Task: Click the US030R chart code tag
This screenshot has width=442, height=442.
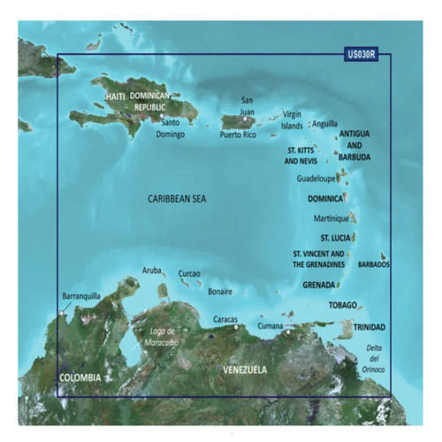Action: pyautogui.click(x=362, y=54)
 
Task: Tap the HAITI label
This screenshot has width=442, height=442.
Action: pyautogui.click(x=115, y=95)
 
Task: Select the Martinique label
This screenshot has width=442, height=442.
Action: pyautogui.click(x=331, y=218)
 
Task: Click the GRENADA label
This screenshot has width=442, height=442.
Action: pyautogui.click(x=319, y=286)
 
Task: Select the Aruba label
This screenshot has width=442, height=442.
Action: pyautogui.click(x=151, y=271)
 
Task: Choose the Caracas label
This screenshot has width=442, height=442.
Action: pyautogui.click(x=227, y=318)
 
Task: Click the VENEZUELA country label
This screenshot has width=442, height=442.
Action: pyautogui.click(x=244, y=368)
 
